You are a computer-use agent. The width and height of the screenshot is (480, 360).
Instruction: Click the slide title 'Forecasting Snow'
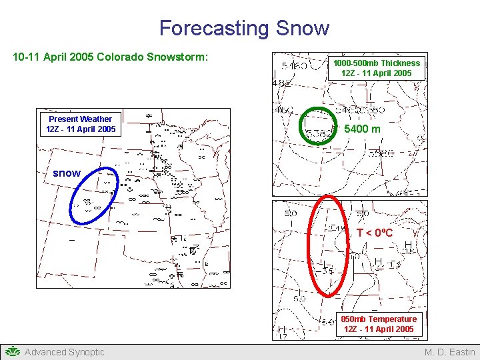point(244,28)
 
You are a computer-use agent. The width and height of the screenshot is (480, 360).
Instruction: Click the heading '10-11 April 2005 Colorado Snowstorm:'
point(111,57)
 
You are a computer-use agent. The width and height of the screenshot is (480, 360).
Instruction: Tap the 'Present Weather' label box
point(81,124)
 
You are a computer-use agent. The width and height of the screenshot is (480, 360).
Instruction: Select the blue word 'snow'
point(67,173)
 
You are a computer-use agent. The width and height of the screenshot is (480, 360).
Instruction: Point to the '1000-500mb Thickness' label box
point(377,68)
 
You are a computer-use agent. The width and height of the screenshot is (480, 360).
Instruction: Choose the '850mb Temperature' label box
point(379,324)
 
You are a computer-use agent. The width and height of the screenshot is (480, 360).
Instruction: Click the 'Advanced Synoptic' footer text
point(65,352)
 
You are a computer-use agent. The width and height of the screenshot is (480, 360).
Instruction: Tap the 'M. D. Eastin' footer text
point(449,352)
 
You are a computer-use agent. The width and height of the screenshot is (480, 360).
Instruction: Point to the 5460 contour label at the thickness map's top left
point(294,67)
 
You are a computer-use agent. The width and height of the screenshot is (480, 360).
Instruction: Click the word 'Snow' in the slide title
point(302,28)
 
